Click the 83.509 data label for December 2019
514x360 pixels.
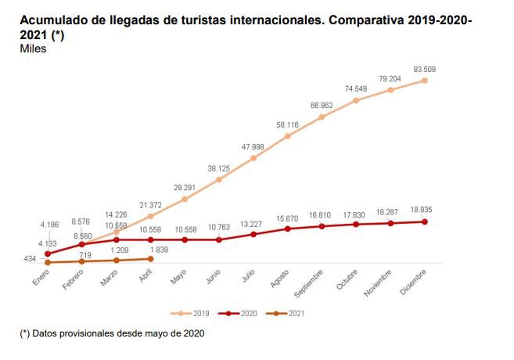(x=424, y=69)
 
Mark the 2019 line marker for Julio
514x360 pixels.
(x=253, y=158)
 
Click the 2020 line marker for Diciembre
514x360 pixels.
(x=425, y=221)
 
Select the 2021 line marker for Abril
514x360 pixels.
(x=150, y=258)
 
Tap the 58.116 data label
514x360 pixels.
(x=286, y=124)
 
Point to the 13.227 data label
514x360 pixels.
(x=253, y=223)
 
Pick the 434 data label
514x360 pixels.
(x=31, y=257)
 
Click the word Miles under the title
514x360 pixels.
(x=33, y=49)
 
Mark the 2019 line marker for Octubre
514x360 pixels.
(x=356, y=100)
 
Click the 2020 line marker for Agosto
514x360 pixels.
(x=288, y=229)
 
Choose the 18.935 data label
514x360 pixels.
(x=423, y=210)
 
